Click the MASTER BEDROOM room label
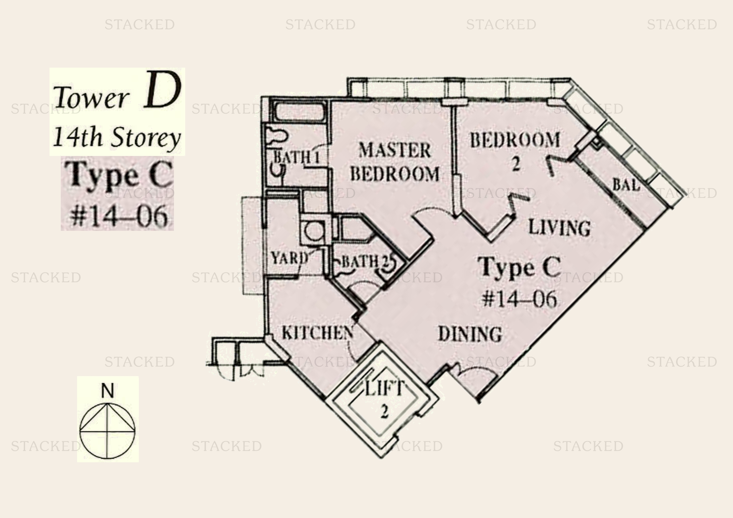[x=395, y=162]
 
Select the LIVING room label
[x=559, y=228]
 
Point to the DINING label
[x=470, y=334]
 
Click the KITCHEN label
[x=318, y=333]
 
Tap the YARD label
[x=290, y=258]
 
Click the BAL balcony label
[x=626, y=185]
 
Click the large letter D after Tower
[x=162, y=91]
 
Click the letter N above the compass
[x=107, y=391]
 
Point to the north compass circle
[x=107, y=431]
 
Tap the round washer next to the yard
[x=313, y=231]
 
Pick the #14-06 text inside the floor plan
[x=519, y=299]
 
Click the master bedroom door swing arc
[x=431, y=214]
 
